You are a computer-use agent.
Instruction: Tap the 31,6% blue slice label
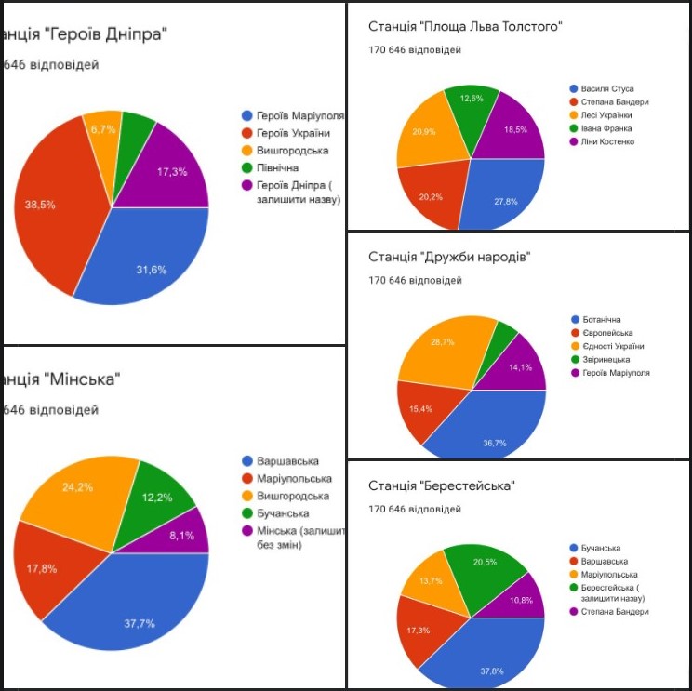pyautogui.click(x=151, y=271)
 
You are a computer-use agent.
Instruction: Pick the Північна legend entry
pyautogui.click(x=276, y=167)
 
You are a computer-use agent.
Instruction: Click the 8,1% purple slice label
pyautogui.click(x=183, y=535)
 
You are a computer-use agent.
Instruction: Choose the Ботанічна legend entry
pyautogui.click(x=602, y=320)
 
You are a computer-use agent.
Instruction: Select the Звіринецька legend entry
pyautogui.click(x=606, y=360)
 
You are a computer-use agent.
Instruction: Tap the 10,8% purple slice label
pyautogui.click(x=522, y=600)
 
